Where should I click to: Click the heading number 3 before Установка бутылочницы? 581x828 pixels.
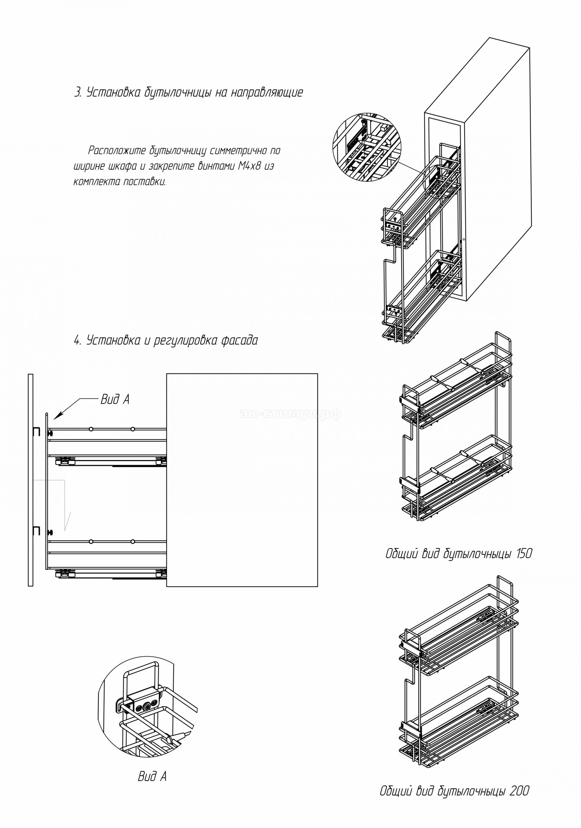77,93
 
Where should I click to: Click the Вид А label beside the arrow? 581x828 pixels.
115,400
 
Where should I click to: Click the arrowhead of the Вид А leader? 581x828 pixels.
55,418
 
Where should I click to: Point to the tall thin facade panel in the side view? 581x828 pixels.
30,480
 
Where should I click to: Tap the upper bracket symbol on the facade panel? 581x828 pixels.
36,432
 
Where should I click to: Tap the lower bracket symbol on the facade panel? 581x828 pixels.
36,530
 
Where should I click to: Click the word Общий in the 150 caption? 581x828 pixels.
398,564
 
